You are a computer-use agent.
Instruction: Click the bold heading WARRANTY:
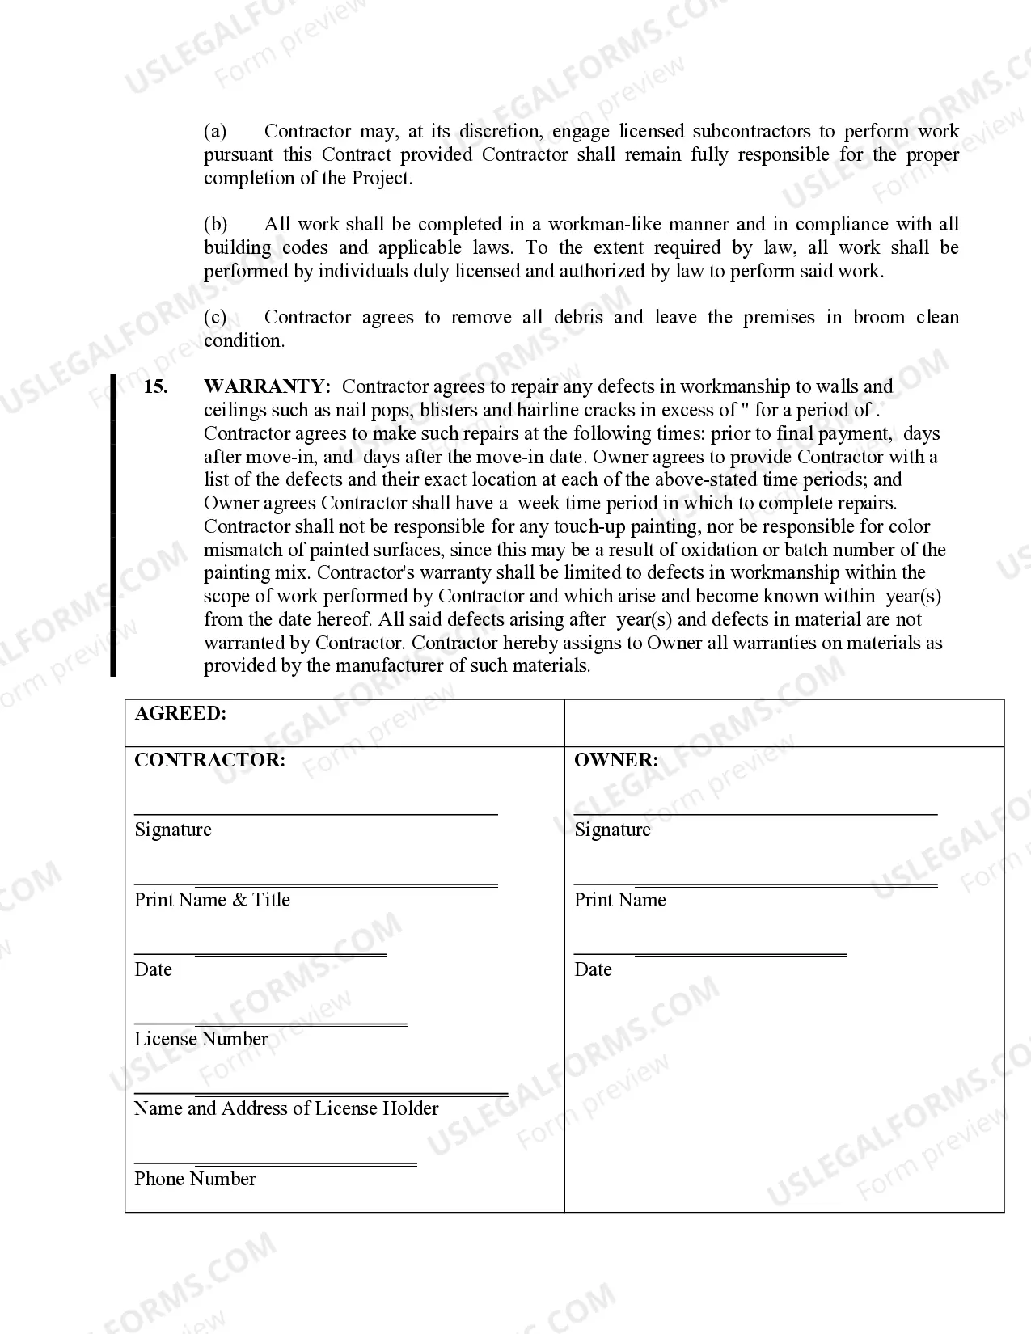pyautogui.click(x=267, y=387)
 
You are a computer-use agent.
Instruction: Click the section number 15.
pyautogui.click(x=155, y=387)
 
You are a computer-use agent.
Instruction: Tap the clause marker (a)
pyautogui.click(x=215, y=132)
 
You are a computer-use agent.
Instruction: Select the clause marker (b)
pyautogui.click(x=215, y=225)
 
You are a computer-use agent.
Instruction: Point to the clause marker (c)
pyautogui.click(x=215, y=318)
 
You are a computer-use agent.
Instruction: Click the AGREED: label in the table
pyautogui.click(x=180, y=713)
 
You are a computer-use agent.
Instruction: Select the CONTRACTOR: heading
pyautogui.click(x=209, y=760)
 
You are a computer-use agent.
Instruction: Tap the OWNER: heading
pyautogui.click(x=615, y=760)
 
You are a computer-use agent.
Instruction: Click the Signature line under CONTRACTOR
pyautogui.click(x=315, y=813)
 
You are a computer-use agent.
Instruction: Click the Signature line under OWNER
pyautogui.click(x=755, y=813)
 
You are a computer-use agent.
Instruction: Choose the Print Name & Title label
pyautogui.click(x=212, y=900)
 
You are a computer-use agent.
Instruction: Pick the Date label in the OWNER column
pyautogui.click(x=593, y=969)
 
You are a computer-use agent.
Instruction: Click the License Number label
pyautogui.click(x=201, y=1039)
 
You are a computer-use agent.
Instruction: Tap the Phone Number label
pyautogui.click(x=195, y=1179)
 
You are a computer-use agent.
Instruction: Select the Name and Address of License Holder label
pyautogui.click(x=286, y=1108)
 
